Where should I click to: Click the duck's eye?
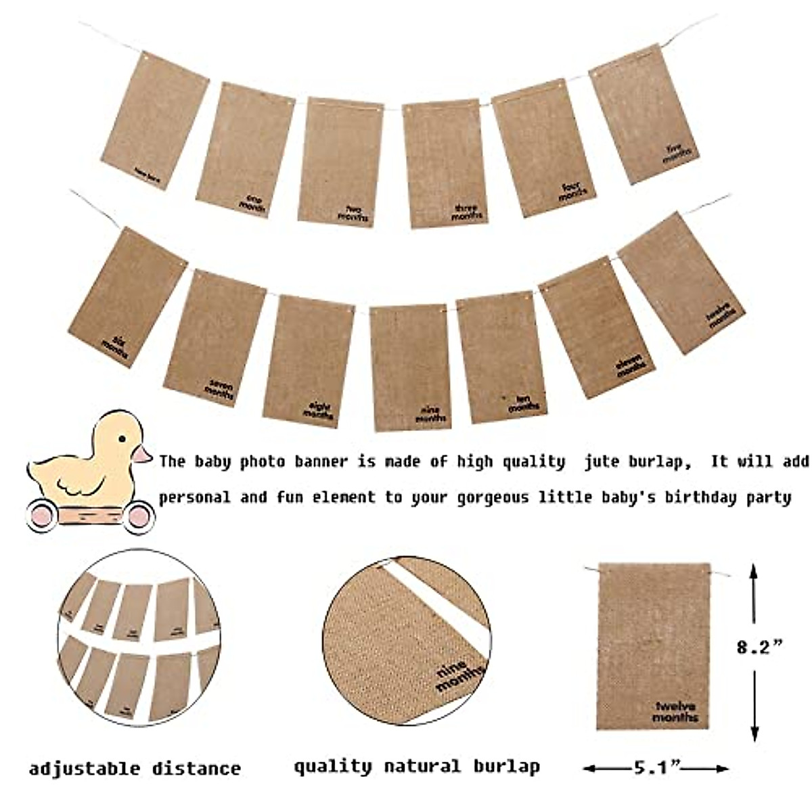[x=122, y=438]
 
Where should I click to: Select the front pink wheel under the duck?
[x=139, y=516]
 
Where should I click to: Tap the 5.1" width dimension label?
[x=656, y=767]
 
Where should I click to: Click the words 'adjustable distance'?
[x=135, y=769]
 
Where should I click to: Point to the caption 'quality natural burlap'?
[x=417, y=767]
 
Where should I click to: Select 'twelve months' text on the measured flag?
[x=675, y=712]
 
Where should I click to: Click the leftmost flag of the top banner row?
[x=154, y=118]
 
